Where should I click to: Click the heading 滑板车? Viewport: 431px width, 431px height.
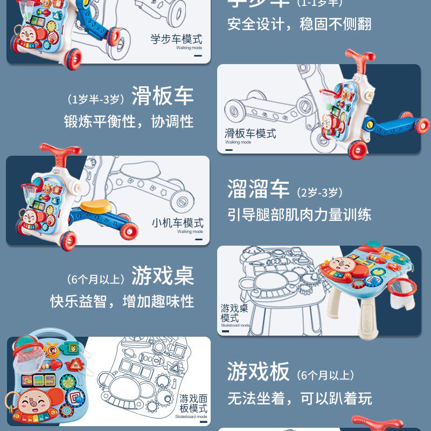pos(162,97)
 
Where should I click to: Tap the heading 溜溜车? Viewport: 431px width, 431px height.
pos(258,190)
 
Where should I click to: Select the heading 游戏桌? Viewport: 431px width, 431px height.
pos(162,276)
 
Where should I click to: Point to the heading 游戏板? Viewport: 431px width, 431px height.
pos(258,372)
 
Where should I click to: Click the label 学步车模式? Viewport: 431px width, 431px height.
pos(176,39)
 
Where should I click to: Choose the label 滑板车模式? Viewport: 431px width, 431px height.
pos(251,133)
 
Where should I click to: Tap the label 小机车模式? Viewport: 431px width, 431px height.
pos(177,223)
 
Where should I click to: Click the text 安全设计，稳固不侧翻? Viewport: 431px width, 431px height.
pos(299,24)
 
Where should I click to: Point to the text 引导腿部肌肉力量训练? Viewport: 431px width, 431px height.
pos(299,214)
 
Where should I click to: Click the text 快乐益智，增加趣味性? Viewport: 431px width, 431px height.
pos(122,301)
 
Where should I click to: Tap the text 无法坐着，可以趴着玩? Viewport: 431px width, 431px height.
pos(299,398)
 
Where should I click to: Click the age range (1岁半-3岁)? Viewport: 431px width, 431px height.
pos(96,99)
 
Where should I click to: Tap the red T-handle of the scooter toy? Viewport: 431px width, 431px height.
pos(360,56)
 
